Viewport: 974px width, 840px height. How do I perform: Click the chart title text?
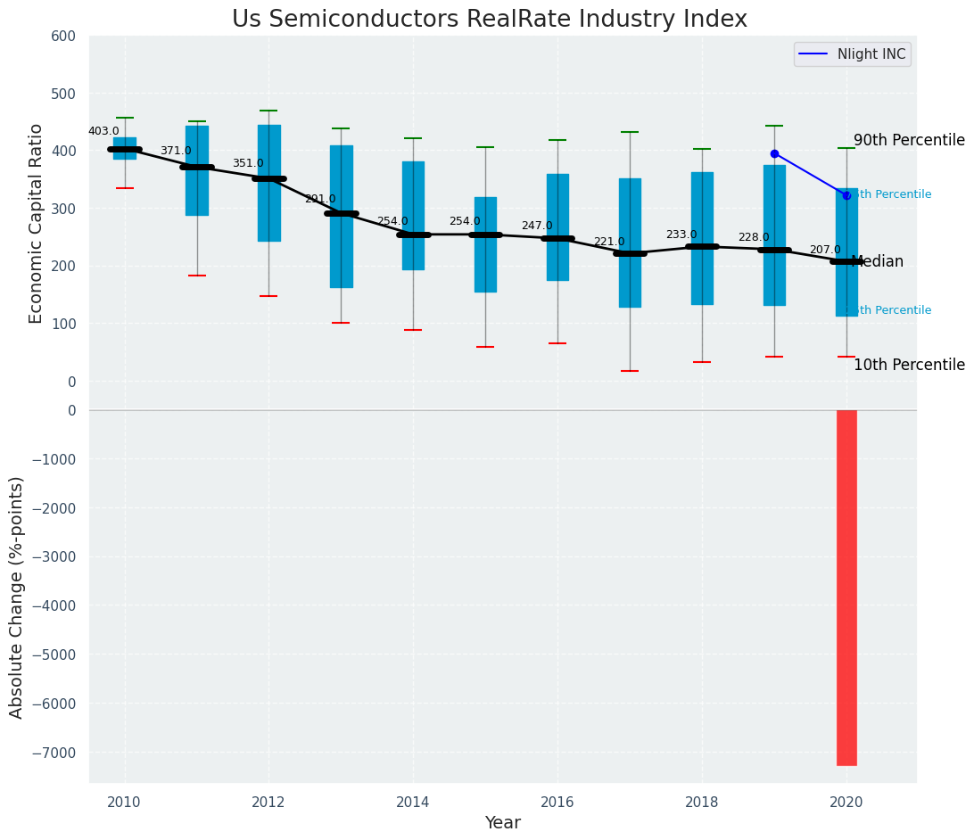(489, 20)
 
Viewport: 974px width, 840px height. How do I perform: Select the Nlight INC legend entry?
(871, 54)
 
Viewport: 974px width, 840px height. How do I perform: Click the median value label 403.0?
(103, 131)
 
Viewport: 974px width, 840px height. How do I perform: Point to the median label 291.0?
(320, 199)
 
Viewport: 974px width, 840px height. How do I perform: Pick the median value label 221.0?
(609, 242)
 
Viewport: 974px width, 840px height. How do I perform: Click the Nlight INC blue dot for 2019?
(774, 153)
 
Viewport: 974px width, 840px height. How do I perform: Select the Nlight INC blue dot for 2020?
(846, 195)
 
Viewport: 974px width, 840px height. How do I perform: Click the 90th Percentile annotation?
(909, 140)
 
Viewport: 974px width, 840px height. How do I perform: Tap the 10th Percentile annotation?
(909, 365)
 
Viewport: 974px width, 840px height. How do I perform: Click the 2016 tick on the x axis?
(557, 803)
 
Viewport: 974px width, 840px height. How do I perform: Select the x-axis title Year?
(502, 823)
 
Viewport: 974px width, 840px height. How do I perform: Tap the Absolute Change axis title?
(17, 597)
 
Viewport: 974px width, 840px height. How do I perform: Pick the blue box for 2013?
(341, 216)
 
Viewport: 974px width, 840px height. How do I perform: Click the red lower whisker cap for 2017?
(630, 371)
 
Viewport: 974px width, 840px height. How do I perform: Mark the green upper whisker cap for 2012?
(268, 111)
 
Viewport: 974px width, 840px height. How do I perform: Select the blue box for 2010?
(125, 148)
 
